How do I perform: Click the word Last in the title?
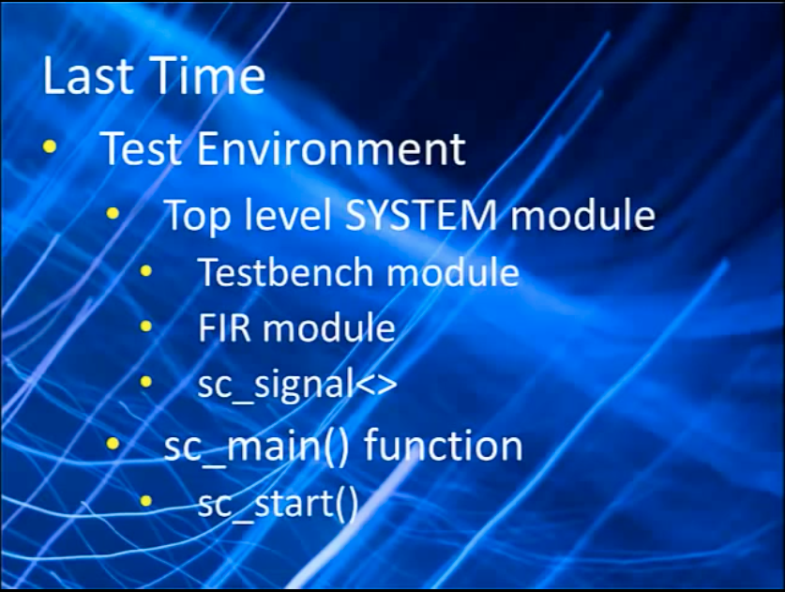coord(88,75)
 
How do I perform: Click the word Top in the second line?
coord(198,216)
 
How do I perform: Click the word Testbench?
coord(286,272)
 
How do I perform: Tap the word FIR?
coord(224,328)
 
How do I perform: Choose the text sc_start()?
coord(279,504)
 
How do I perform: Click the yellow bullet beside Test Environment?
coord(50,146)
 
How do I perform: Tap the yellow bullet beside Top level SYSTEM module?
coord(113,214)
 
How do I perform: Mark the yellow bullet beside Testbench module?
coord(145,271)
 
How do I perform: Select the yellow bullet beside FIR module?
coord(145,327)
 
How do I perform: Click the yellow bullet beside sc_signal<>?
coord(145,383)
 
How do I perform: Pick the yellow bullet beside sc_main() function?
coord(113,444)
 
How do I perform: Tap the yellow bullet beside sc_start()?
coord(145,501)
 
